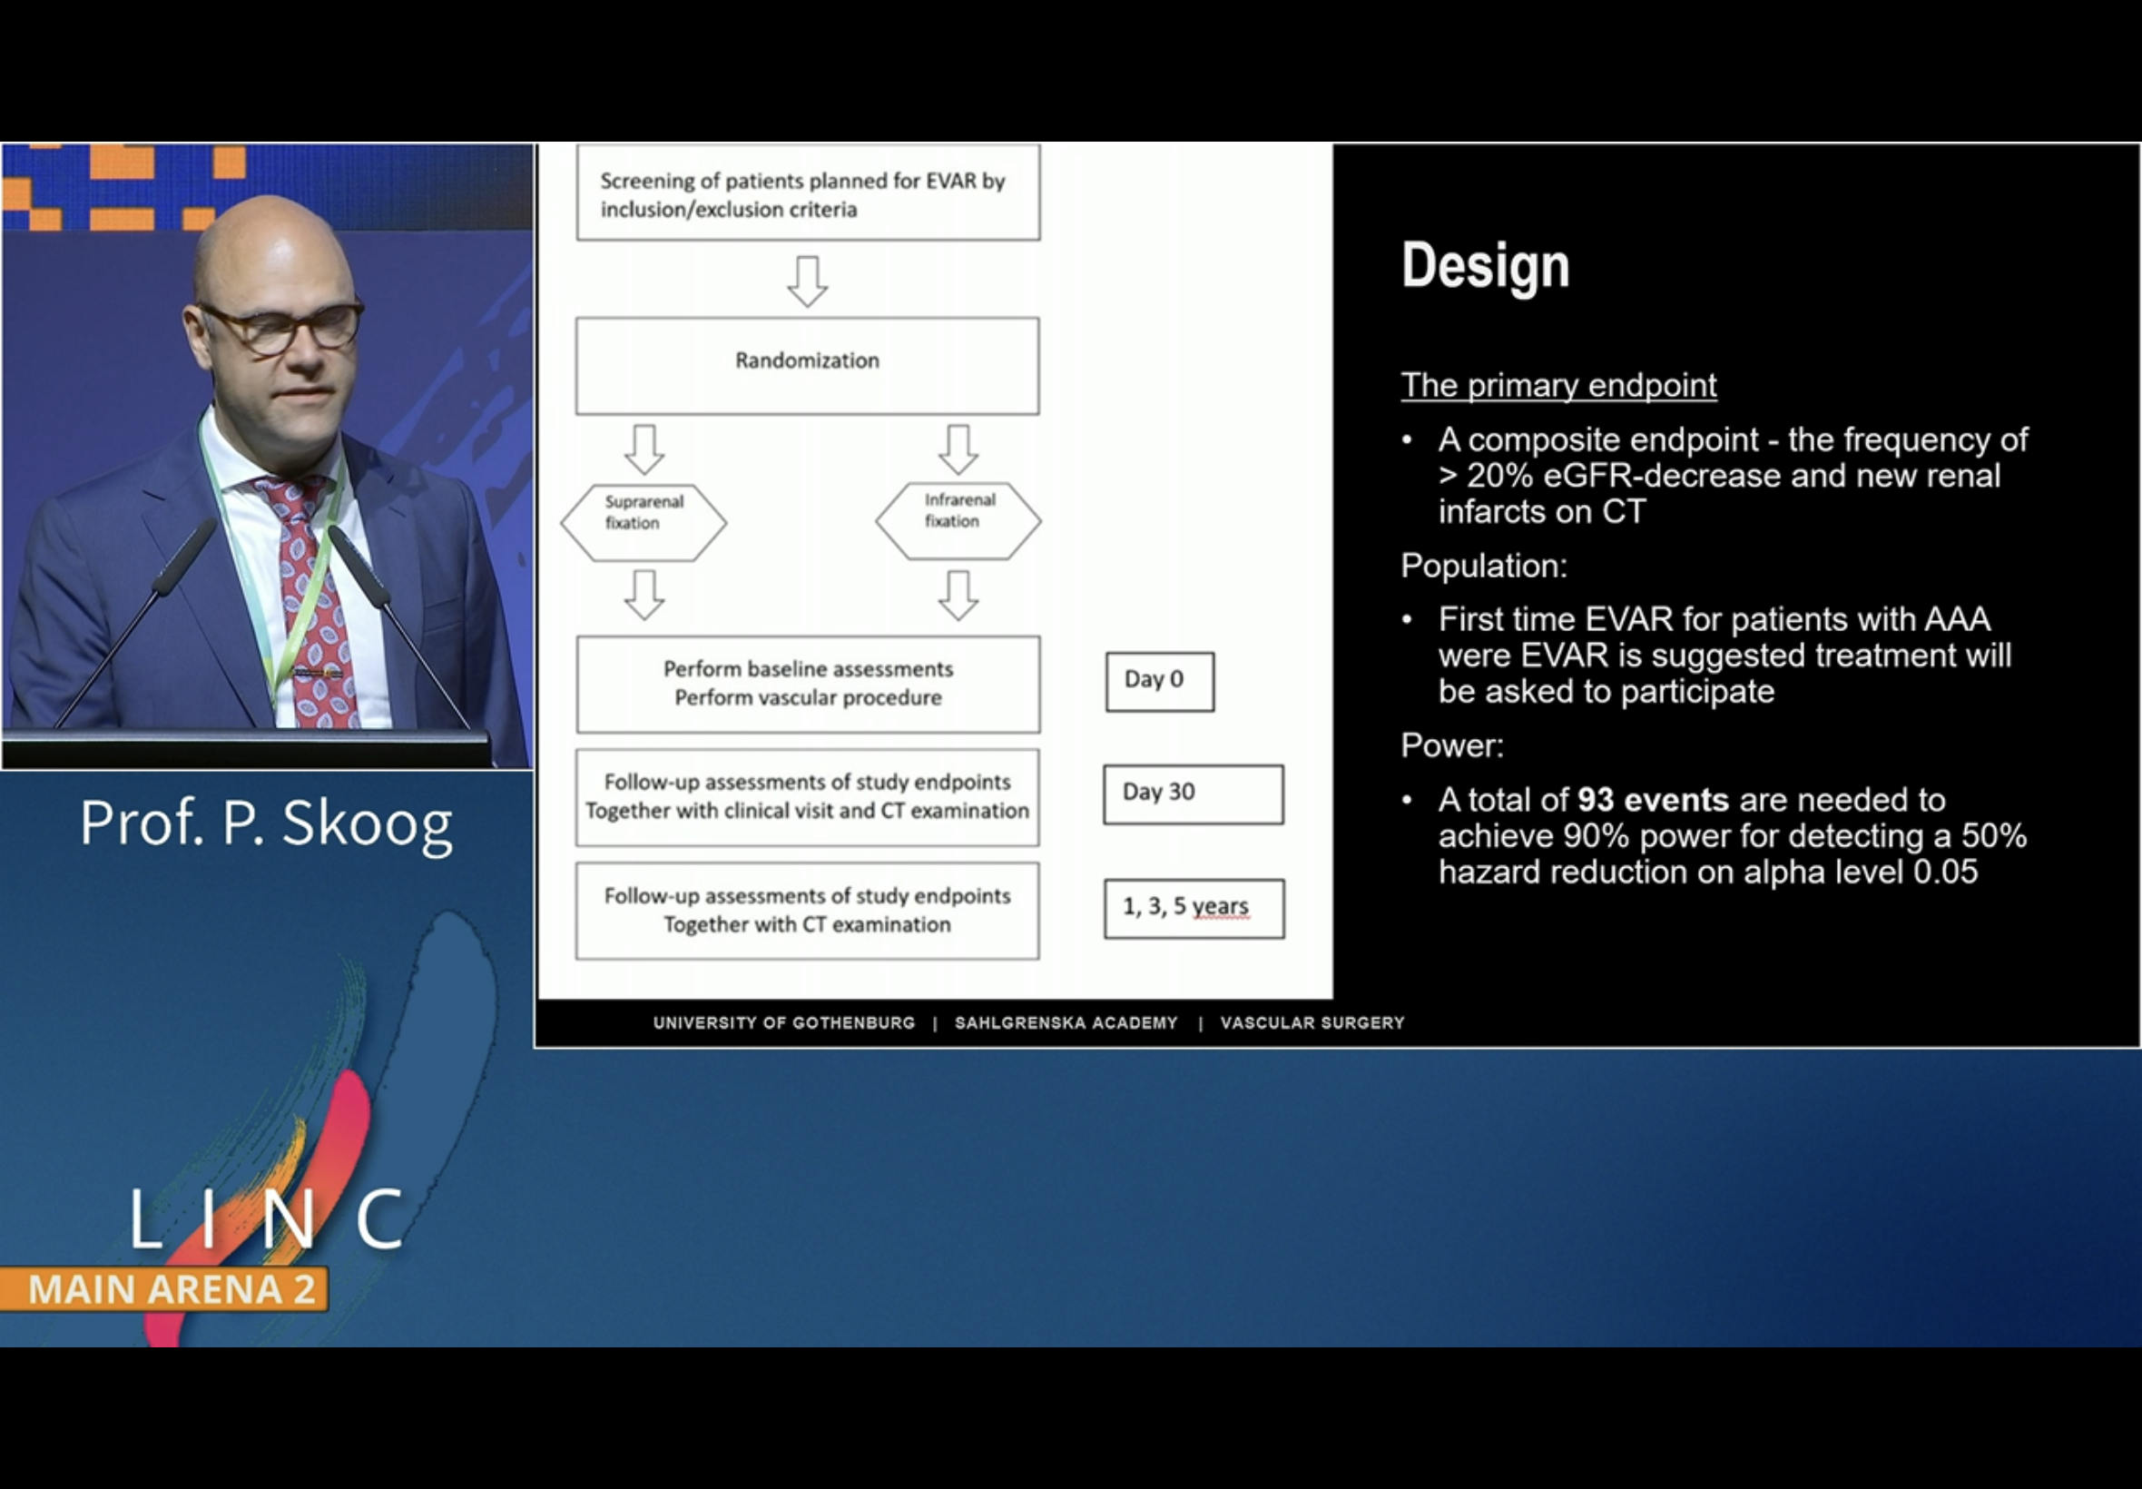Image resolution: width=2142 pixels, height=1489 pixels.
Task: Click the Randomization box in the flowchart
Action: pyautogui.click(x=807, y=365)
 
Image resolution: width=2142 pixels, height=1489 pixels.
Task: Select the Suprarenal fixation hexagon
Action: pyautogui.click(x=644, y=521)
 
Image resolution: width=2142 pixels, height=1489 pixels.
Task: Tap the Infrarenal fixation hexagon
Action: pyautogui.click(x=958, y=519)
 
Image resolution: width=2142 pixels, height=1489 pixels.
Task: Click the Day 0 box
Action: pyautogui.click(x=1159, y=681)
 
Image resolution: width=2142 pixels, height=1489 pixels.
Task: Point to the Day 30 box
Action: pyautogui.click(x=1192, y=794)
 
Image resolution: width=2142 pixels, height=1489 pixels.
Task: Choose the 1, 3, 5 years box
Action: pyautogui.click(x=1193, y=908)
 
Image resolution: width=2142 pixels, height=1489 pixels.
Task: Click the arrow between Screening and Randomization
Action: pyautogui.click(x=807, y=280)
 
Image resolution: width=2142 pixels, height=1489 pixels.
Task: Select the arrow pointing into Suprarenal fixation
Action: pyautogui.click(x=644, y=449)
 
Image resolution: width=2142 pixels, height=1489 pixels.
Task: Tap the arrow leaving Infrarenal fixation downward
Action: pyautogui.click(x=958, y=596)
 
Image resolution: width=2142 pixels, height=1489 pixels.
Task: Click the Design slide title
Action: pyautogui.click(x=1485, y=266)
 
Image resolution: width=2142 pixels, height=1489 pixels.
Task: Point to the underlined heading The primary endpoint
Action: pyautogui.click(x=1557, y=385)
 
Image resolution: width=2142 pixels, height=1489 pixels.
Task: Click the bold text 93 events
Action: pyautogui.click(x=1653, y=800)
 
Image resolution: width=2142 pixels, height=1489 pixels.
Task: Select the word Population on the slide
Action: pyautogui.click(x=1482, y=566)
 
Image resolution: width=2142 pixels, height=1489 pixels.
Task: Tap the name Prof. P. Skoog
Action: pyautogui.click(x=266, y=823)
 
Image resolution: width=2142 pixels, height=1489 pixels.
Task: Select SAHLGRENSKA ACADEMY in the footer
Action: pyautogui.click(x=1065, y=1022)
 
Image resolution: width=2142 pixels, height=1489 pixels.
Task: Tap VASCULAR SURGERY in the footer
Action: pyautogui.click(x=1312, y=1022)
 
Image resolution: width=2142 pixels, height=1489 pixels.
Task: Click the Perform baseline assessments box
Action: pyautogui.click(x=807, y=684)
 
